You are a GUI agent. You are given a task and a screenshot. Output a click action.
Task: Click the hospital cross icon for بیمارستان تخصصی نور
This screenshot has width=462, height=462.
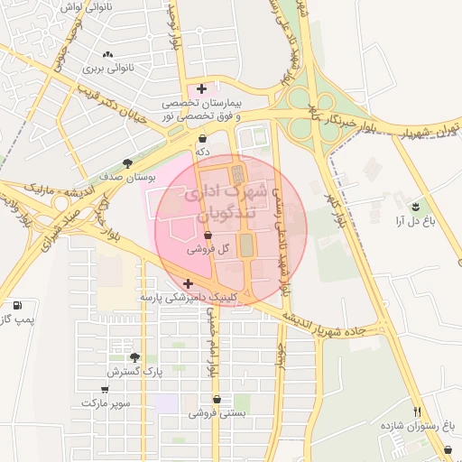click(201, 88)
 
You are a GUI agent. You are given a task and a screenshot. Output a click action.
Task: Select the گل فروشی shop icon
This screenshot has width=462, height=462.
click(208, 235)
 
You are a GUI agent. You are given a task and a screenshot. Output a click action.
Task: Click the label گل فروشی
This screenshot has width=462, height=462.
click(211, 248)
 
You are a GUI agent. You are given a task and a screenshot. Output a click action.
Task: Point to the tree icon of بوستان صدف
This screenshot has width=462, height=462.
click(128, 163)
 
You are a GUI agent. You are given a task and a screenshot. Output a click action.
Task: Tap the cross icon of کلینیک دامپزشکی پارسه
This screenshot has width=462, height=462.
click(188, 283)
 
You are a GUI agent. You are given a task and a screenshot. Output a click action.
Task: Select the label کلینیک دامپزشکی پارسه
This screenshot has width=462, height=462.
click(187, 296)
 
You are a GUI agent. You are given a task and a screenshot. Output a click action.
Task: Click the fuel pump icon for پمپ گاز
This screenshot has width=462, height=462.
click(18, 305)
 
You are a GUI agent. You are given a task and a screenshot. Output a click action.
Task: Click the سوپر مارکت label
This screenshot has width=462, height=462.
click(106, 402)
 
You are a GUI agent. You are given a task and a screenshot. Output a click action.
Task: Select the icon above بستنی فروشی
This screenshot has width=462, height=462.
click(217, 399)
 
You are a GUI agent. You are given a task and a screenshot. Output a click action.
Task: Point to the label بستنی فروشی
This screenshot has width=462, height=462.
click(217, 413)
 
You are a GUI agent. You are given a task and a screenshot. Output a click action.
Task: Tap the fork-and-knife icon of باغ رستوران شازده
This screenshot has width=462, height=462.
click(417, 411)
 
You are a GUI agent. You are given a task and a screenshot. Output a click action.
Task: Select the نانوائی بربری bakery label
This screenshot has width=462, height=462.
click(108, 68)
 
